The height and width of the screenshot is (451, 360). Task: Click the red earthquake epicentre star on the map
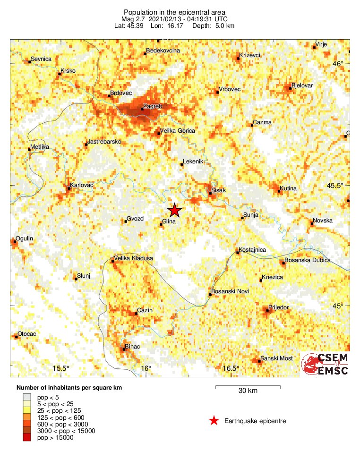pos(175,210)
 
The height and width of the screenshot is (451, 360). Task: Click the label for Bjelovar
pos(302,85)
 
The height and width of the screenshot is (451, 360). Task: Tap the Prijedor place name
pos(278,307)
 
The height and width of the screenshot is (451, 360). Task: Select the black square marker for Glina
pos(161,224)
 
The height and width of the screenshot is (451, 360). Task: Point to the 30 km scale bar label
pos(248,391)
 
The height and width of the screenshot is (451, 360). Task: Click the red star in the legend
pos(214,421)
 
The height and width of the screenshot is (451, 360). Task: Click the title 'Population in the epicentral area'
pos(174,12)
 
